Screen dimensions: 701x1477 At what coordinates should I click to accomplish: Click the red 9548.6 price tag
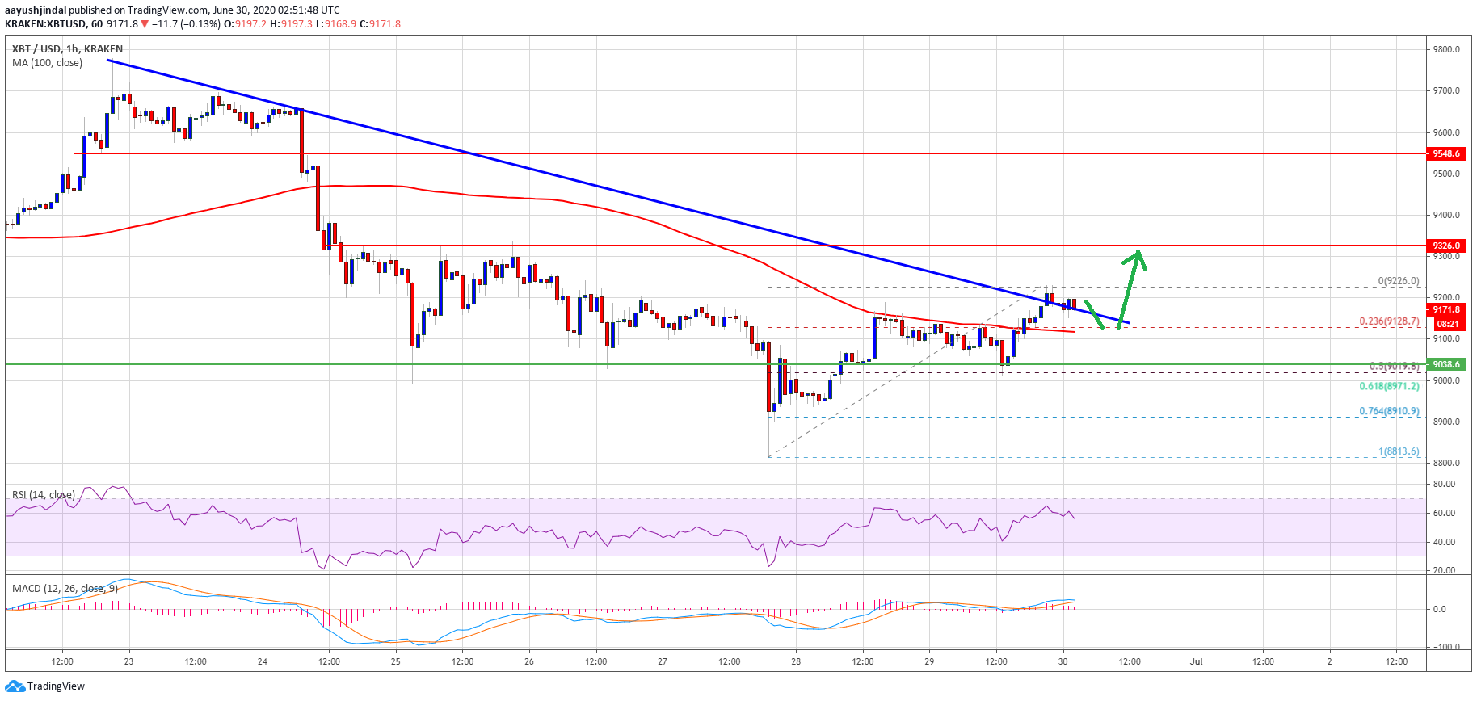coord(1446,153)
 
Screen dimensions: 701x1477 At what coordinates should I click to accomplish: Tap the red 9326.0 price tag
coord(1446,246)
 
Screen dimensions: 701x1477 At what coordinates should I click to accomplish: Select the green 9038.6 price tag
coord(1446,364)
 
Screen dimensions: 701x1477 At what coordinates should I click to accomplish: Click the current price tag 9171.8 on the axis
coord(1446,309)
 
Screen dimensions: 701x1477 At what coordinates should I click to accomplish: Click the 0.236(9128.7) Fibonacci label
coord(1389,321)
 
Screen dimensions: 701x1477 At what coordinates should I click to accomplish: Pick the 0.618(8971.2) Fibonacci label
coord(1389,387)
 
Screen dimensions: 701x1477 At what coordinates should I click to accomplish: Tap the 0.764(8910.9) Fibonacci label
coord(1389,411)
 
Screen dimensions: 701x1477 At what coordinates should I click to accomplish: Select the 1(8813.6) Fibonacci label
coord(1399,451)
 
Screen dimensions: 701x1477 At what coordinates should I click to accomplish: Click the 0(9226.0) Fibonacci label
coord(1399,281)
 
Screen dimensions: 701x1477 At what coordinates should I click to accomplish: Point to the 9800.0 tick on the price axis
coord(1446,49)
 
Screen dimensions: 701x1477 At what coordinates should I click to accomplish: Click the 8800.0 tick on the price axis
coord(1446,464)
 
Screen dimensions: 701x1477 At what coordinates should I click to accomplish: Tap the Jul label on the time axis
coord(1196,661)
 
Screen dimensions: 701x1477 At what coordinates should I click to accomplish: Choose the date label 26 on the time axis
coord(529,661)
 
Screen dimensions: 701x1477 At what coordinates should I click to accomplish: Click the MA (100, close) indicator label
coord(47,63)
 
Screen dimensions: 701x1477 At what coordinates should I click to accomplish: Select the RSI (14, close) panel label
coord(44,494)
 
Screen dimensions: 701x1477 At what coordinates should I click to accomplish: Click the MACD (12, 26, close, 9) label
coord(65,588)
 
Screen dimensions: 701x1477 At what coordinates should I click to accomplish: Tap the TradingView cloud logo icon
coord(15,686)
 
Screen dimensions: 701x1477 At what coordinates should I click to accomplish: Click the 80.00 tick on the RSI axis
coord(1444,485)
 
